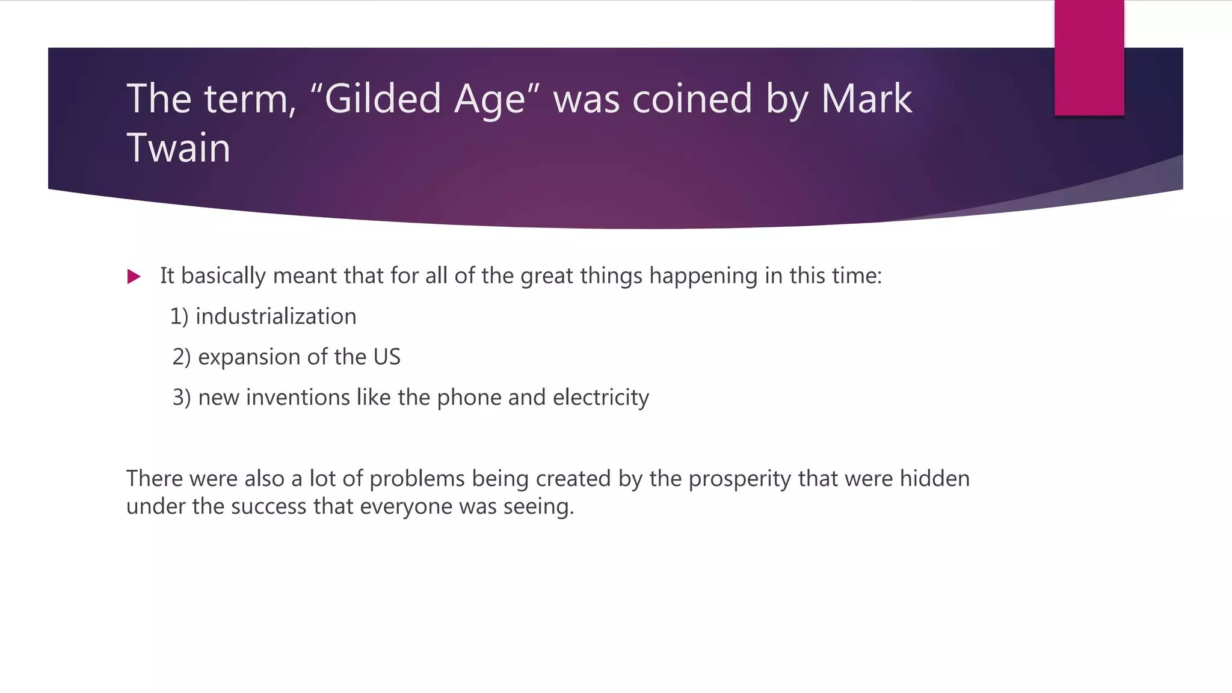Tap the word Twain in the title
click(179, 148)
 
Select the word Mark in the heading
click(866, 99)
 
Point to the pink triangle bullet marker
click(134, 277)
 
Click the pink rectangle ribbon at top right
click(1089, 58)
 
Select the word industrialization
click(276, 316)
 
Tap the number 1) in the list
click(179, 316)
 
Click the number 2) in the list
click(181, 357)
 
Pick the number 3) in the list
click(182, 398)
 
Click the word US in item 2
click(387, 357)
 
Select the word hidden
click(935, 479)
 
